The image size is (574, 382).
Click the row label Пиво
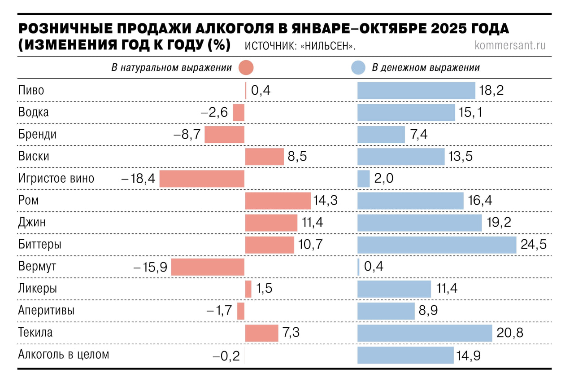tap(31, 90)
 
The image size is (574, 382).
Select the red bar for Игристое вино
tap(202, 179)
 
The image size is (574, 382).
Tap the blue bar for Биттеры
tap(437, 245)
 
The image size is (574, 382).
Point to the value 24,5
tap(534, 245)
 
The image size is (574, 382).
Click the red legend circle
tap(247, 68)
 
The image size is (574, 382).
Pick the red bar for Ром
tap(278, 201)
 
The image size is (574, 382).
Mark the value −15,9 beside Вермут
tap(150, 267)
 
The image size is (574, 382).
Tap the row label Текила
tap(35, 333)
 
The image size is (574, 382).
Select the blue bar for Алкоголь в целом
tap(405, 355)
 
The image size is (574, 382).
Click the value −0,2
tap(226, 356)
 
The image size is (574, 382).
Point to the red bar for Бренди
tap(224, 134)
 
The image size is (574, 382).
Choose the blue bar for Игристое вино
tap(363, 179)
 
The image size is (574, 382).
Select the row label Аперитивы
tap(46, 311)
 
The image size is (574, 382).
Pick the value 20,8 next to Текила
tap(510, 333)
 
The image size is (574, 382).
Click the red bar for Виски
tap(264, 157)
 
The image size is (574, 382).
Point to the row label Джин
tap(32, 222)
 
